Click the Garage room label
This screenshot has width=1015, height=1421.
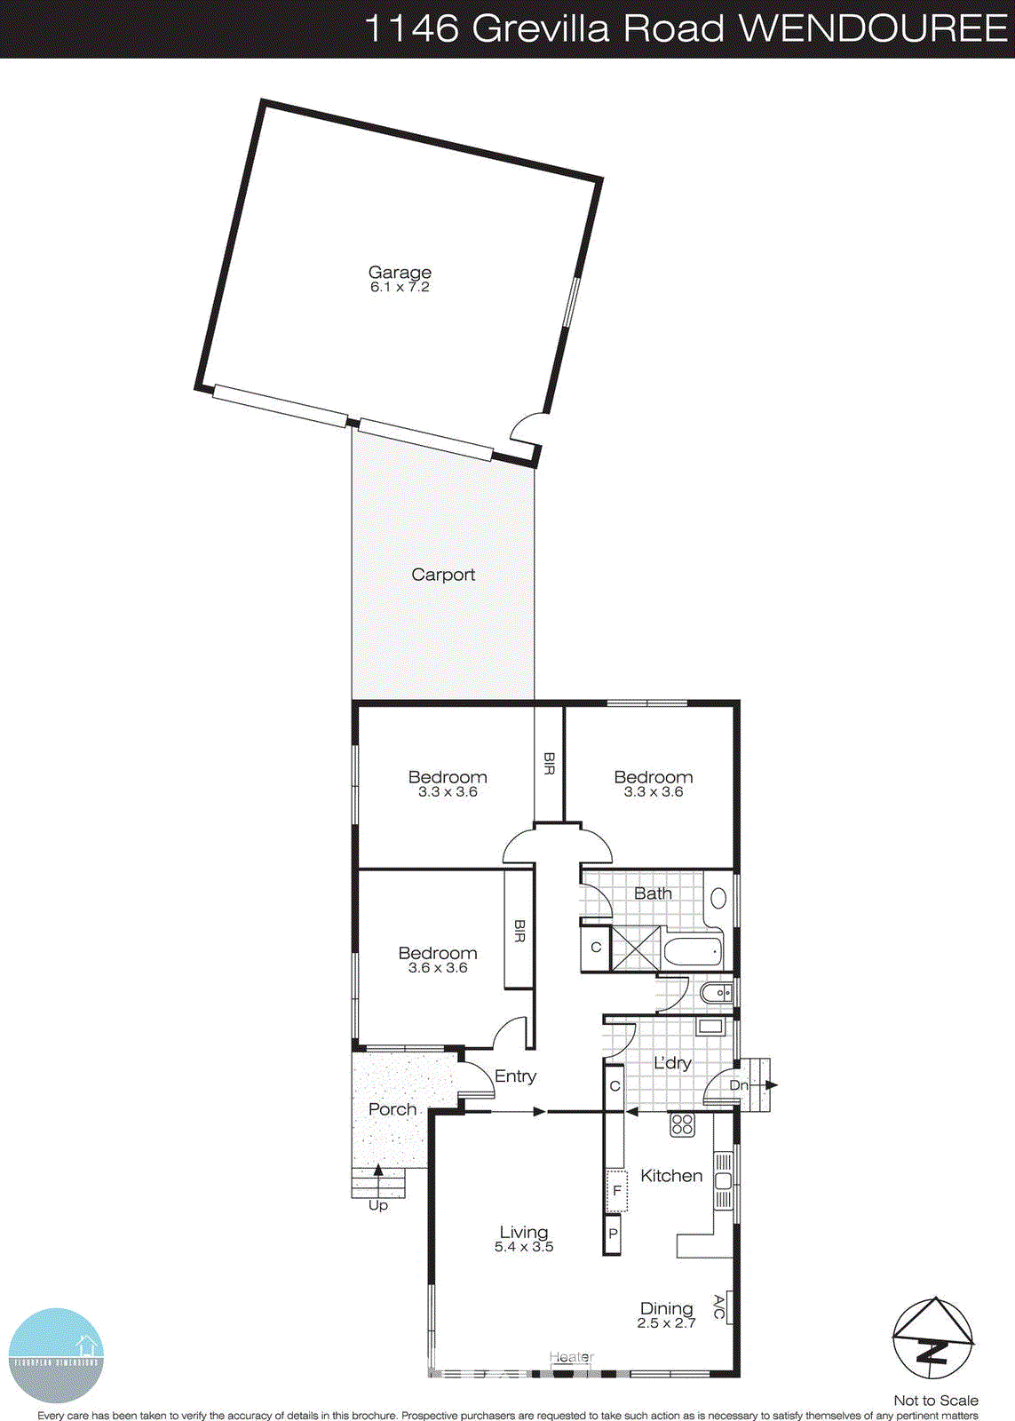(x=400, y=272)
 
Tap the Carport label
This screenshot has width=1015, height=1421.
(x=443, y=575)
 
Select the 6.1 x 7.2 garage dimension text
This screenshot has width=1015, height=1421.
(x=400, y=287)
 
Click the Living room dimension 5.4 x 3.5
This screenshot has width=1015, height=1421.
(x=524, y=1247)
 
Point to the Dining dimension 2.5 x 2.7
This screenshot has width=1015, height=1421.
(x=666, y=1323)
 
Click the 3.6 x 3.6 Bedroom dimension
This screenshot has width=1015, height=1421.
(x=438, y=968)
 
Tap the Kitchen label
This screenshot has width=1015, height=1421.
(x=671, y=1176)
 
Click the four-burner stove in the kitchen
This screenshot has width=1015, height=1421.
(x=681, y=1124)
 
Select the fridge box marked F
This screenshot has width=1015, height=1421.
(x=616, y=1191)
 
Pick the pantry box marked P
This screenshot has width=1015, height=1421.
(x=613, y=1234)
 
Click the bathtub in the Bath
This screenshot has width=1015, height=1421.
(x=693, y=953)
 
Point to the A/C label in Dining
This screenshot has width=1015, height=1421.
(x=719, y=1306)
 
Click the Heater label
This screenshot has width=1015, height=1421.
(x=571, y=1357)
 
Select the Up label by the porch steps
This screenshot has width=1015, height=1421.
(x=378, y=1205)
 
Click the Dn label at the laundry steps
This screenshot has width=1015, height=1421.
(x=739, y=1085)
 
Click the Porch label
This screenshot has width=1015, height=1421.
(x=393, y=1109)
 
